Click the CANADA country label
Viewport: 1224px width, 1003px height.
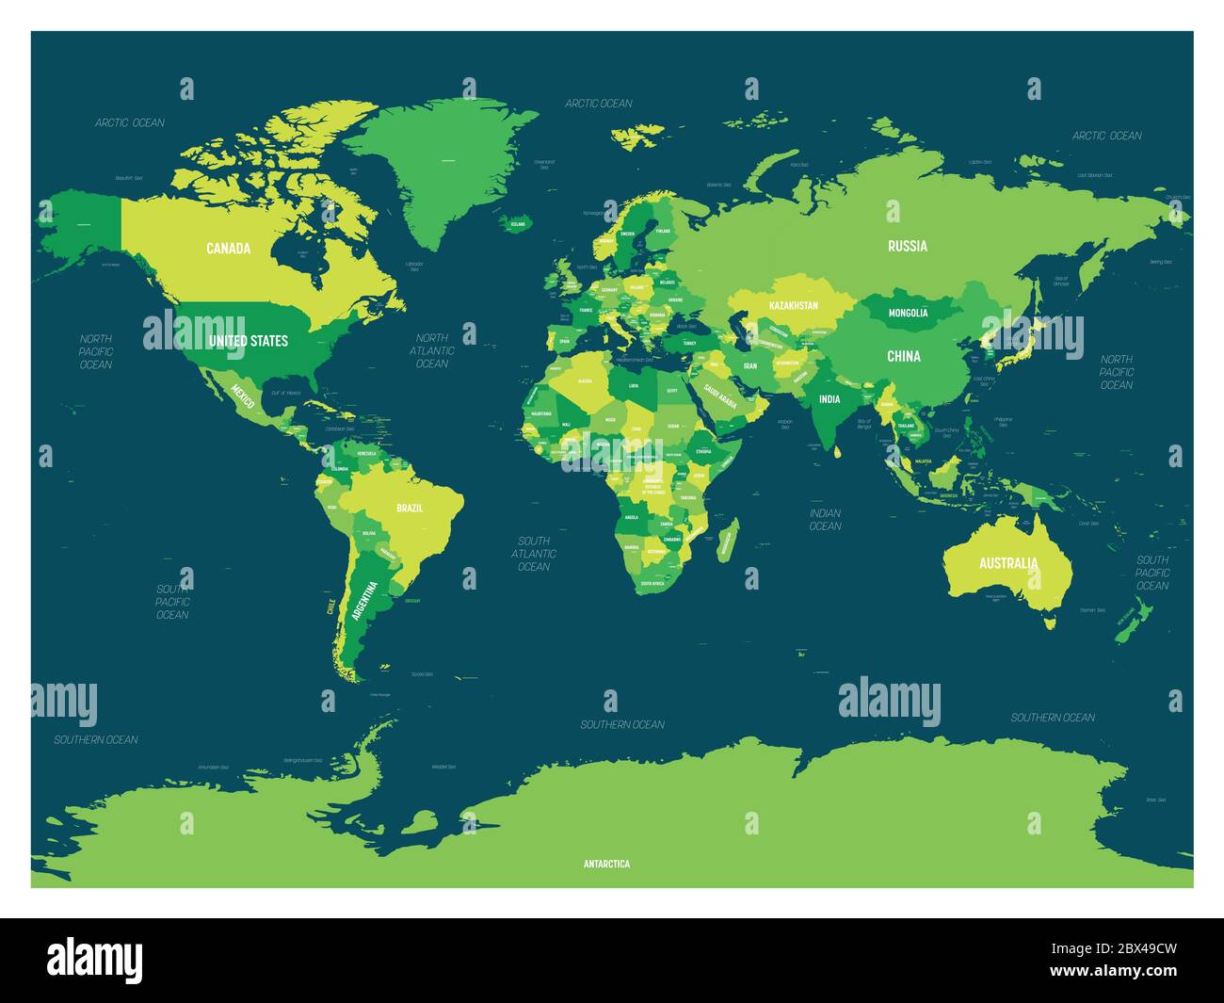pos(229,249)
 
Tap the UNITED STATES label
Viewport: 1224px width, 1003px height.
pos(249,340)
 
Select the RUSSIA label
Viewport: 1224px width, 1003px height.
pos(908,246)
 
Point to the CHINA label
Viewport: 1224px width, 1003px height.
pos(904,356)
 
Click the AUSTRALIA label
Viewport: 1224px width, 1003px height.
pos(1008,563)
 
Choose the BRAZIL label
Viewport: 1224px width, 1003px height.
pos(410,508)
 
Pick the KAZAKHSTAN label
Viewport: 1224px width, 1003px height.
pos(794,305)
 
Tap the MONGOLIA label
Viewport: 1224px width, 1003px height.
pos(909,313)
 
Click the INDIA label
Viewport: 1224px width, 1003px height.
pos(829,399)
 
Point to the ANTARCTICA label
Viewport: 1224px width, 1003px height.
pos(606,864)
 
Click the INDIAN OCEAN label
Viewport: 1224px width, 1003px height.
pos(825,519)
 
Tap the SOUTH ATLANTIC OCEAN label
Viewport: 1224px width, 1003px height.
pos(534,554)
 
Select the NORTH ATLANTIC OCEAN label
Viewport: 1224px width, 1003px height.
pos(432,350)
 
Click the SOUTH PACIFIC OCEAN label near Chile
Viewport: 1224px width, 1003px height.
pos(172,602)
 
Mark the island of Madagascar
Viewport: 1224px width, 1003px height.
pos(726,543)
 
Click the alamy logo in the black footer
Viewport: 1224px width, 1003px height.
pos(94,960)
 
